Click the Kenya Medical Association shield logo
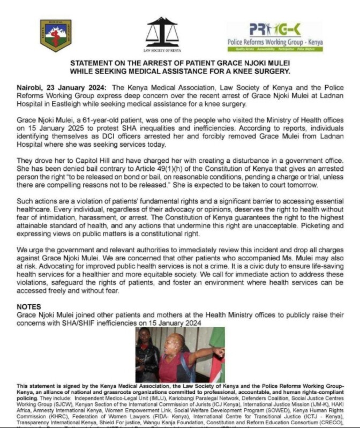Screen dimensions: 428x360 56,35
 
